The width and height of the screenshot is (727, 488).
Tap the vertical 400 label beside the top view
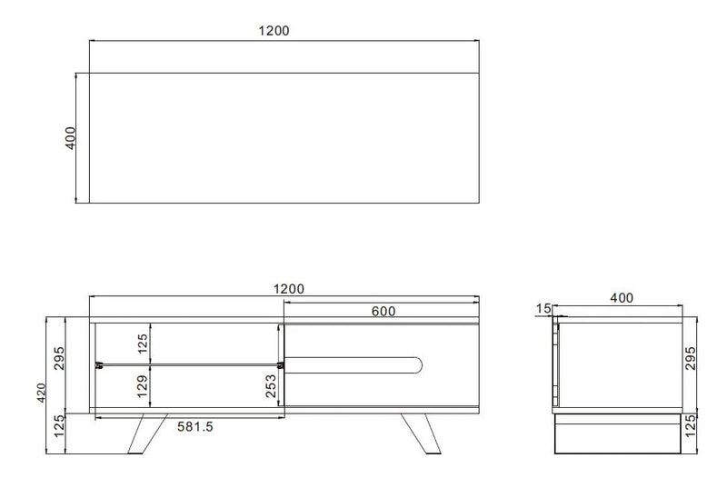[72, 138]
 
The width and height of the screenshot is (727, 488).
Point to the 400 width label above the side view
[622, 297]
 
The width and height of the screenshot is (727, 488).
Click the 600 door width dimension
[383, 311]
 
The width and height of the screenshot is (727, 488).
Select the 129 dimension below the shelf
[142, 390]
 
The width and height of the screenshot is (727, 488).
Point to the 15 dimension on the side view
[543, 309]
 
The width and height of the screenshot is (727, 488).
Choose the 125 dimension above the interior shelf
[142, 344]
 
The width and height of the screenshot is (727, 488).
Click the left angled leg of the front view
[143, 434]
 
